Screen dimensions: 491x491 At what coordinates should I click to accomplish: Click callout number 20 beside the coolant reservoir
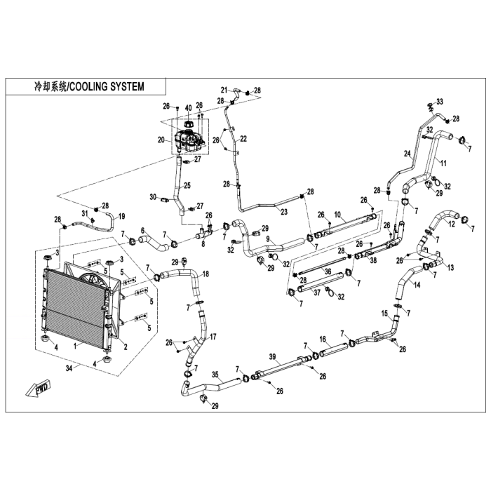click(x=161, y=140)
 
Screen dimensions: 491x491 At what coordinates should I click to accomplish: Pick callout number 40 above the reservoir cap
click(x=187, y=108)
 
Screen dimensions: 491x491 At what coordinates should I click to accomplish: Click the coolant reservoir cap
click(x=188, y=124)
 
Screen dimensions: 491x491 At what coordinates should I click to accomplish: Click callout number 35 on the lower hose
click(x=215, y=376)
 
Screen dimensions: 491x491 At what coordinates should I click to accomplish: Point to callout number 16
click(x=323, y=339)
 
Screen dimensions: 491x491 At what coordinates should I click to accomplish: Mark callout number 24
click(x=406, y=153)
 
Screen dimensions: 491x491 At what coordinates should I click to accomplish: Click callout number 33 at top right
click(x=440, y=101)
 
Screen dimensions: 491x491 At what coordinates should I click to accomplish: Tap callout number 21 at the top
click(x=224, y=90)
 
